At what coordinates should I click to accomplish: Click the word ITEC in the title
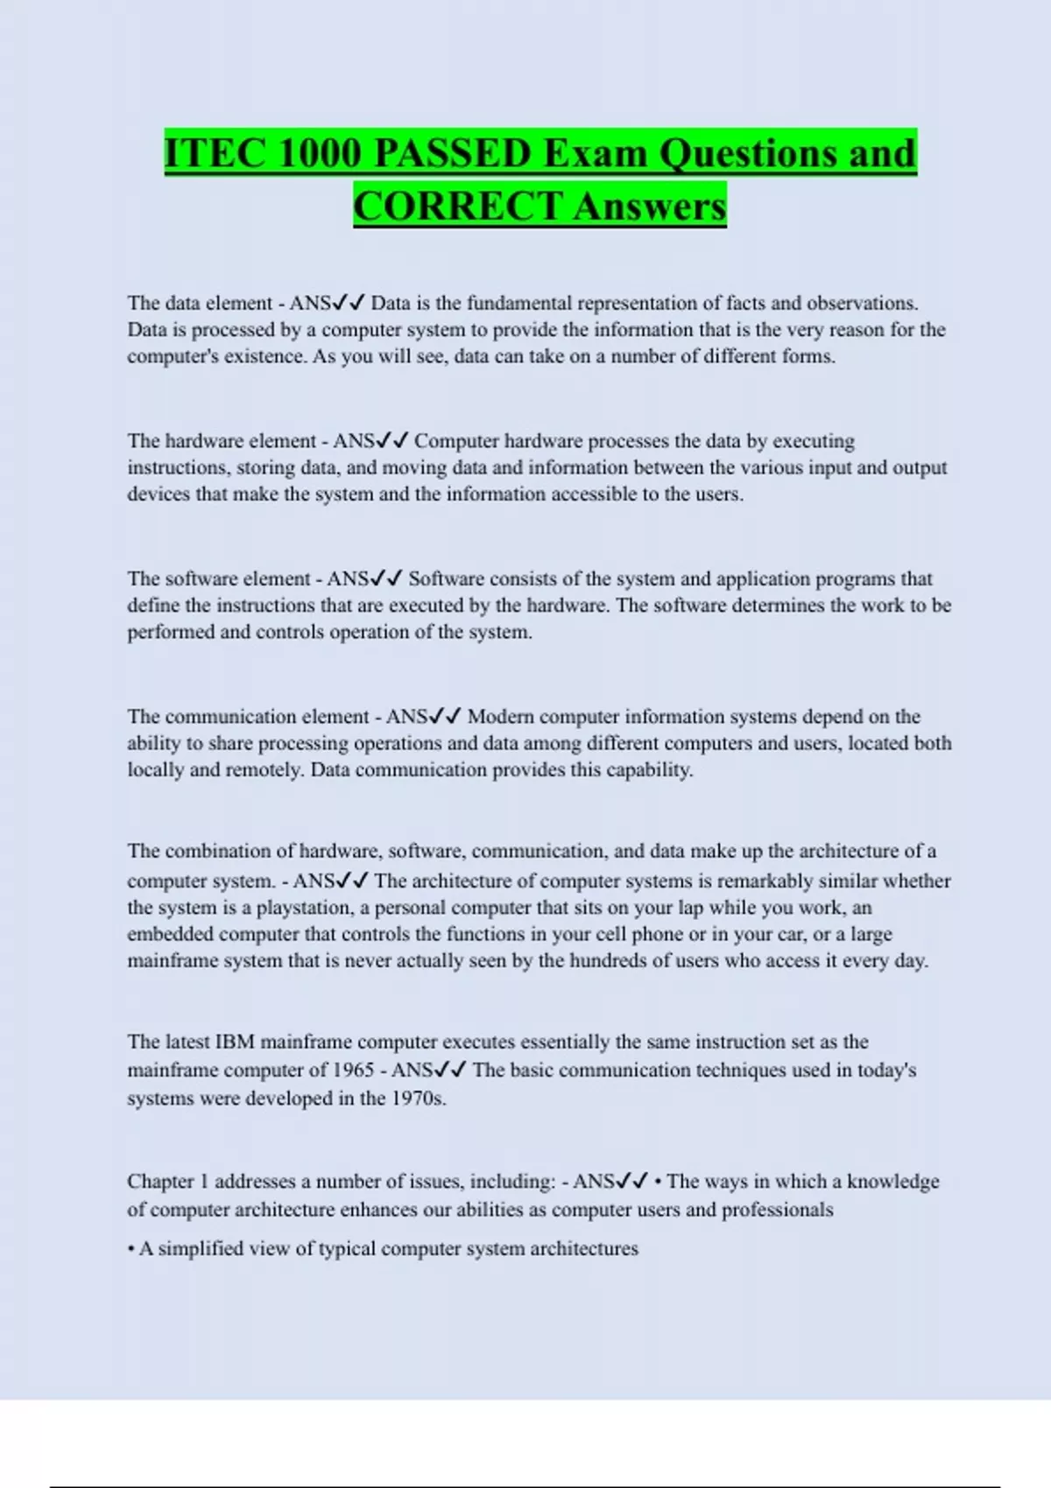pyautogui.click(x=215, y=153)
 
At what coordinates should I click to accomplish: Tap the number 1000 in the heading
pyautogui.click(x=320, y=153)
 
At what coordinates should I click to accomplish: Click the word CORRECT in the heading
pyautogui.click(x=458, y=207)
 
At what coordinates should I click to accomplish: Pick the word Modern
pyautogui.click(x=501, y=716)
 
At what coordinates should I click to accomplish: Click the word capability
pyautogui.click(x=649, y=769)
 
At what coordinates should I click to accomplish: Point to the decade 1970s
pyautogui.click(x=419, y=1098)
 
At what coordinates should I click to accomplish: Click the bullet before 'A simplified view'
pyautogui.click(x=130, y=1249)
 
